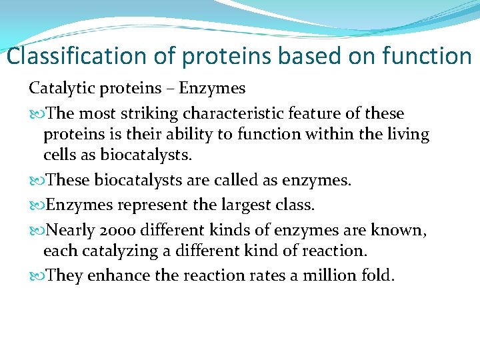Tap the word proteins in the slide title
pos(228,56)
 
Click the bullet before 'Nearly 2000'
pos(37,231)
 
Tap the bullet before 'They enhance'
pos(37,276)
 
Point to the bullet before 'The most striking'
pos(37,114)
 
